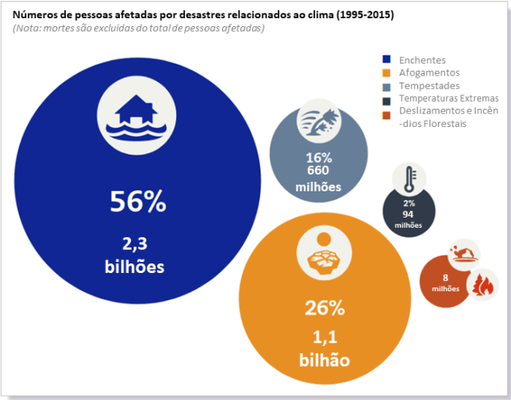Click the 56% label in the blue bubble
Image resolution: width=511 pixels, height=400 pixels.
(x=138, y=202)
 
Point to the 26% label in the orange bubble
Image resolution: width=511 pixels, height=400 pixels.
(x=325, y=307)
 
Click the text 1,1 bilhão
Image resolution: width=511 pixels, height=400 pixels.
(x=324, y=348)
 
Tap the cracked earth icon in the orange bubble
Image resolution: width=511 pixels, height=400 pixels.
(x=324, y=256)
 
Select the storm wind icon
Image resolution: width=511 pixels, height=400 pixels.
(x=319, y=125)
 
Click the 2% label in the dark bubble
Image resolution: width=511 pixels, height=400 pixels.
(x=409, y=204)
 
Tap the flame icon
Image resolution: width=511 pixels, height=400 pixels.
(x=482, y=282)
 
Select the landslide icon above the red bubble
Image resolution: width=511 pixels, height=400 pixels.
(x=464, y=254)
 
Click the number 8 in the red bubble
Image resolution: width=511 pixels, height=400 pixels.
(x=446, y=278)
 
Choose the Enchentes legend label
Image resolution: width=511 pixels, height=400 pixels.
(x=422, y=60)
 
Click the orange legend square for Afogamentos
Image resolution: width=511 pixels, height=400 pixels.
(x=386, y=73)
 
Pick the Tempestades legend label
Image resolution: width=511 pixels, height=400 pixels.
(x=429, y=86)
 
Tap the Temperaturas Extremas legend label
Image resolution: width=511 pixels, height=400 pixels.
(x=448, y=98)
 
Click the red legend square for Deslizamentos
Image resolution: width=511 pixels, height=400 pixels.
(x=386, y=111)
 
